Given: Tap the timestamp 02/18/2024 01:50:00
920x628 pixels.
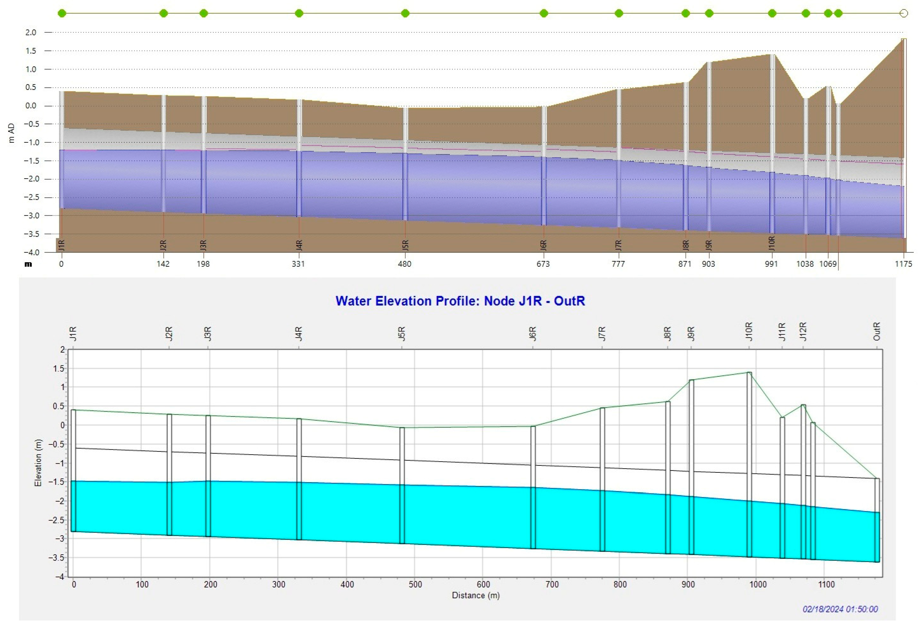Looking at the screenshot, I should coord(840,609).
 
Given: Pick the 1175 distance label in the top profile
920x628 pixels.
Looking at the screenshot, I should coord(903,264).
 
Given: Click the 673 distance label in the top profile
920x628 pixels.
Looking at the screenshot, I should coord(543,264).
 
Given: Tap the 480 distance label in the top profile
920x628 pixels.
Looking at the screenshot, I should coord(404,264).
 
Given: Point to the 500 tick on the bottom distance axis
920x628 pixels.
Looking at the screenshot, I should coord(415,585).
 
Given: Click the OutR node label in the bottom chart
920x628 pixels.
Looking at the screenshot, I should coord(877,332).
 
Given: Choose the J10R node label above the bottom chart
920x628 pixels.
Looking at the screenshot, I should coord(749,332).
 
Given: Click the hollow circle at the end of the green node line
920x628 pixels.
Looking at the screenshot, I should coord(904,13).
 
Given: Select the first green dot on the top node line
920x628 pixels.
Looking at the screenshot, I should coord(62,13).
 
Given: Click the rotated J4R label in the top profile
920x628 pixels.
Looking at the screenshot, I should coord(299,245).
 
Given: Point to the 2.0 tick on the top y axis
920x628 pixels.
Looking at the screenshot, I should coord(31,33).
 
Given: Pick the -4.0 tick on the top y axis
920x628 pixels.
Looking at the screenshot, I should coord(30,252).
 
